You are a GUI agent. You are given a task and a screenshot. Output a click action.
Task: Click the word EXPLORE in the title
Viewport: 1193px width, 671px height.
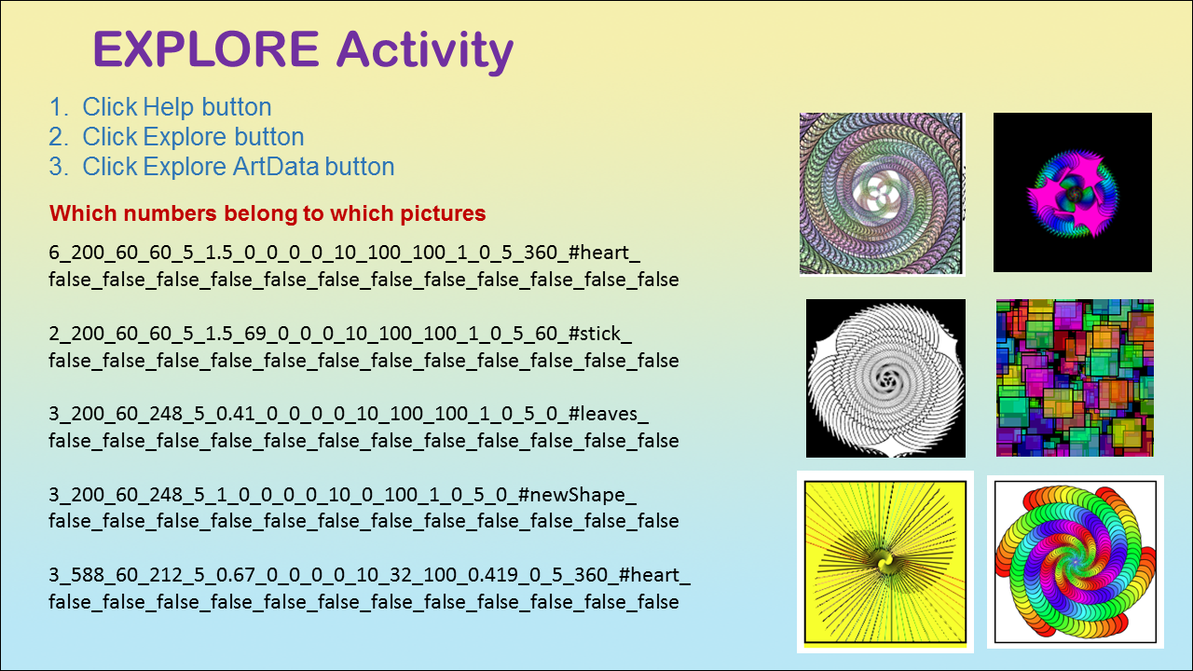tap(206, 49)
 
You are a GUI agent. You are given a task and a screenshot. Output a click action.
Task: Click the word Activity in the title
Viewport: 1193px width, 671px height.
tap(425, 51)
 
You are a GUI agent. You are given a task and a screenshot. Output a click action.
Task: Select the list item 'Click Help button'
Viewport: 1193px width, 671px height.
tap(160, 107)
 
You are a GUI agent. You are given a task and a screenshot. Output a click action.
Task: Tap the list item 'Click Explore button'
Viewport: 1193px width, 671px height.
tap(176, 137)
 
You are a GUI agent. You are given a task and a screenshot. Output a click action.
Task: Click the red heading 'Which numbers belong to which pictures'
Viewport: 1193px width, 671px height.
tap(267, 213)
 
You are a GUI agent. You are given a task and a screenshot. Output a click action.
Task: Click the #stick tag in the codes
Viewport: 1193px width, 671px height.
tap(599, 334)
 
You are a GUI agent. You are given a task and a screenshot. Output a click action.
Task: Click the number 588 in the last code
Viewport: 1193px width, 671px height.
tap(89, 575)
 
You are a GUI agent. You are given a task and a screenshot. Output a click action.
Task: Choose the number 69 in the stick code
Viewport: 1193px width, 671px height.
tap(255, 334)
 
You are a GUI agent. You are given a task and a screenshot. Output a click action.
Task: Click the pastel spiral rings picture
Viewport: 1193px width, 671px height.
tap(881, 193)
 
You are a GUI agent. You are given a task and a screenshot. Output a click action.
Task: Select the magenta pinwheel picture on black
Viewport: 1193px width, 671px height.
tap(1073, 192)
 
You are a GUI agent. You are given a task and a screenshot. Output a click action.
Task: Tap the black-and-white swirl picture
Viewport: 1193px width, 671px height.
tap(885, 378)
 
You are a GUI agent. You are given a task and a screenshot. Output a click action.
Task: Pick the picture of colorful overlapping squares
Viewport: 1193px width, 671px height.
tap(1075, 377)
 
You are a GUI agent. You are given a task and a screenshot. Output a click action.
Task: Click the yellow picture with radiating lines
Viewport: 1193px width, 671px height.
tap(885, 562)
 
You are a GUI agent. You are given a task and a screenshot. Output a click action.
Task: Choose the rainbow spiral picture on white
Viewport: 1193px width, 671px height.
tap(1076, 562)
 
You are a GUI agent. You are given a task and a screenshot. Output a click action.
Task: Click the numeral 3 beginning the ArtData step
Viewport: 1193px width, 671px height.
tap(59, 167)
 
